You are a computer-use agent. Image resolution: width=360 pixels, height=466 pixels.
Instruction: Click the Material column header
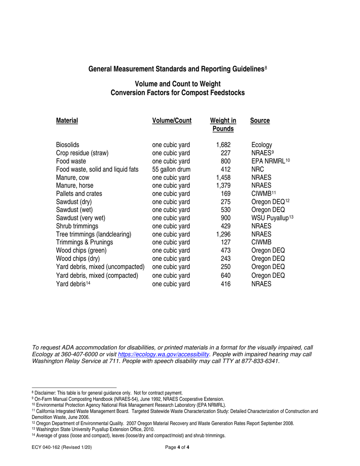pos(67,121)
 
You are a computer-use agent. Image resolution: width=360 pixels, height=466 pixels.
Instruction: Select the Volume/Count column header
pos(172,121)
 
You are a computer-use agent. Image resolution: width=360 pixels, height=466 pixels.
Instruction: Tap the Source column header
pos(260,121)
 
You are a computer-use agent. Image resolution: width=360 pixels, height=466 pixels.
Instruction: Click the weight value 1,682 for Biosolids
pos(223,145)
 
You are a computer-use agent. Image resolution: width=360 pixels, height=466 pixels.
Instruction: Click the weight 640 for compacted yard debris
pos(225,284)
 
